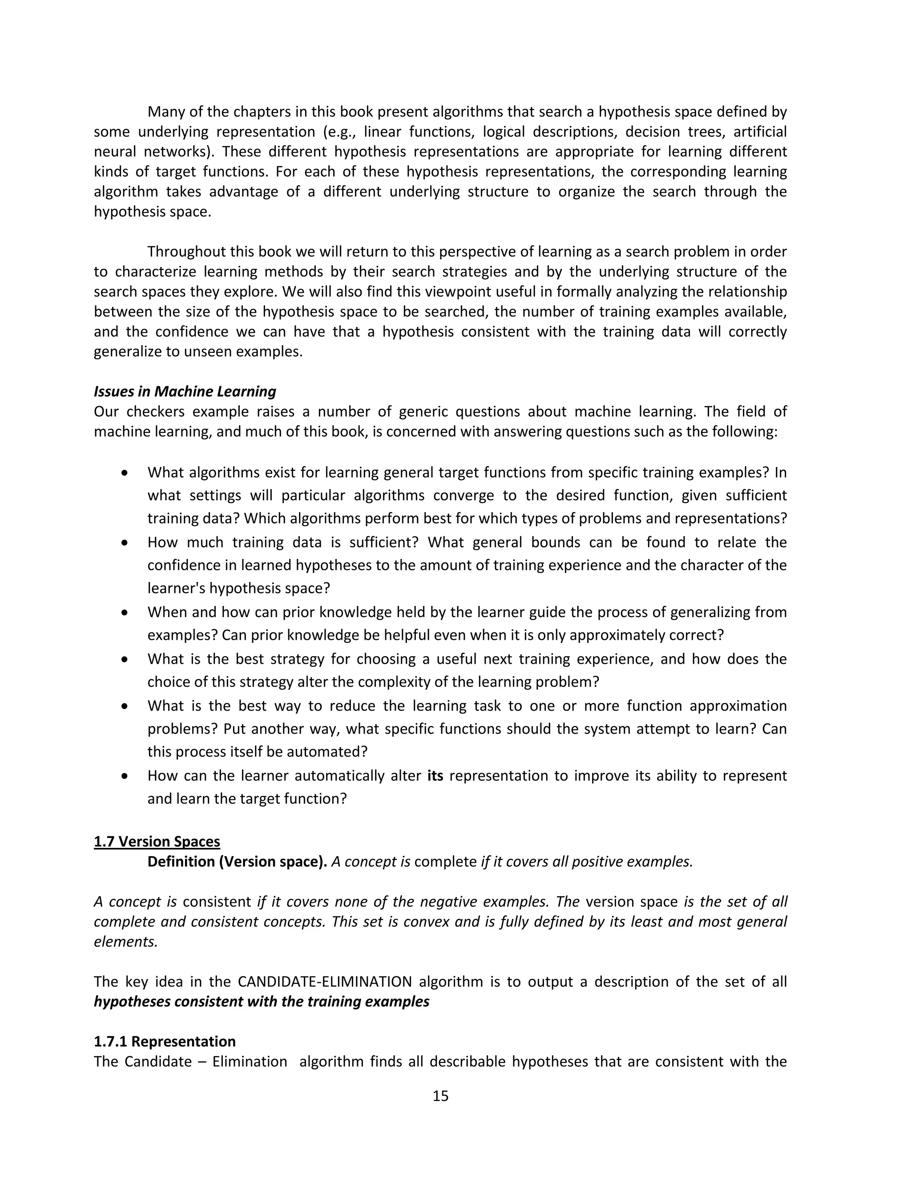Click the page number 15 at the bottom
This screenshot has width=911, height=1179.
(440, 1095)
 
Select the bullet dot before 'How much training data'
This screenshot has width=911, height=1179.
(125, 542)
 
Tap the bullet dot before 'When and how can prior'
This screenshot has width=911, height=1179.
(125, 612)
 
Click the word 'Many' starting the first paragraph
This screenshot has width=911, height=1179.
(165, 112)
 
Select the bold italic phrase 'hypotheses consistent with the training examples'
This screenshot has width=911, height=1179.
(261, 1001)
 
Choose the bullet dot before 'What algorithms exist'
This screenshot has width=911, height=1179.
(125, 472)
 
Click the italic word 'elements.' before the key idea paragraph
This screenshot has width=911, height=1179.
(126, 941)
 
